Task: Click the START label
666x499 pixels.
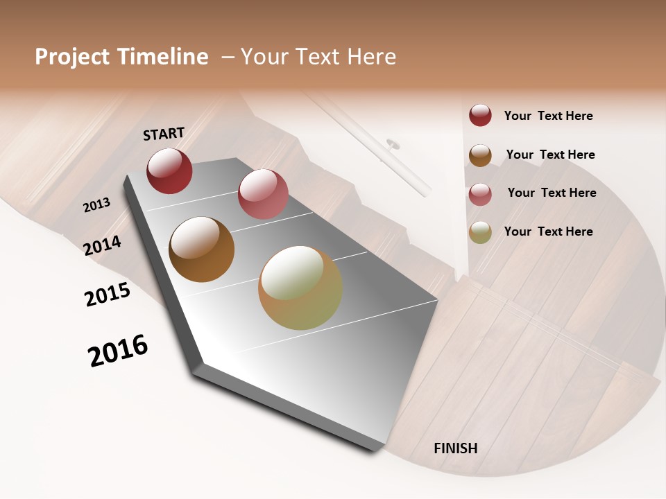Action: (x=164, y=134)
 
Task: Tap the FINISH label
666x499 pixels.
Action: (x=456, y=448)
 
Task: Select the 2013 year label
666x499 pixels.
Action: (x=96, y=205)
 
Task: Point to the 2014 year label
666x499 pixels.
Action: (x=103, y=245)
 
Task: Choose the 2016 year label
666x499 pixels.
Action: (x=118, y=351)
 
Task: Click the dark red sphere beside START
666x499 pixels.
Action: (x=169, y=171)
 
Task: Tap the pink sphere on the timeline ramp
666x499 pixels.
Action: (x=263, y=194)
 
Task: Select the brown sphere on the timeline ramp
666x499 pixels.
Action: (x=202, y=249)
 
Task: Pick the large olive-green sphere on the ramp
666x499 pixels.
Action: (x=300, y=288)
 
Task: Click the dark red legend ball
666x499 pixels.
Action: (x=480, y=115)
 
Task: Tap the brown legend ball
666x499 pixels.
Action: (x=480, y=155)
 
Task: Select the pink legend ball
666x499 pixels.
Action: (x=480, y=194)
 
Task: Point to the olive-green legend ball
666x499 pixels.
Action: (x=480, y=232)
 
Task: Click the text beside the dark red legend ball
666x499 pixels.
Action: (x=548, y=116)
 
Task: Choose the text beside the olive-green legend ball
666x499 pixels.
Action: (x=548, y=231)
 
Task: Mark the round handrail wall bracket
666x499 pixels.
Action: (x=393, y=144)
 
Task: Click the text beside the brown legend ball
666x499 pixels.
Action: (x=550, y=155)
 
